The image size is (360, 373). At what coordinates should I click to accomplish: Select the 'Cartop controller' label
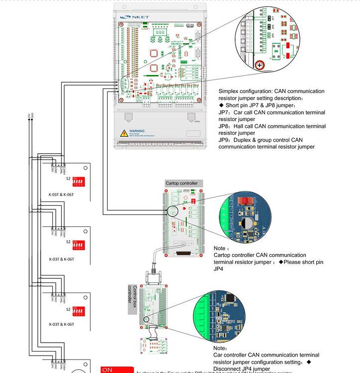point(182,183)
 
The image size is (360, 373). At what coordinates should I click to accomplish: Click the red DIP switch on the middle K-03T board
point(77,242)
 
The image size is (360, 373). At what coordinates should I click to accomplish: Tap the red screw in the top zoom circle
point(259,65)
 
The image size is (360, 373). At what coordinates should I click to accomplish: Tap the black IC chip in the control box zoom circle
point(230,297)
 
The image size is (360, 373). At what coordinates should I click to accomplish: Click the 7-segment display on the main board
point(161,31)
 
